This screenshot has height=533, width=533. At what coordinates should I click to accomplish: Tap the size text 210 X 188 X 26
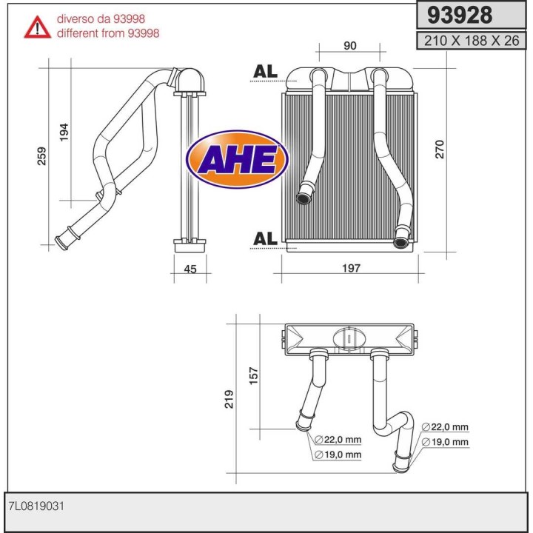click(472, 41)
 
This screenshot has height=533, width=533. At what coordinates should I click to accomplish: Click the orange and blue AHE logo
click(236, 158)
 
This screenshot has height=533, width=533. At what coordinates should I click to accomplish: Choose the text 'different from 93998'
click(108, 33)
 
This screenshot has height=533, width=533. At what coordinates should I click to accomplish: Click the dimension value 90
click(350, 46)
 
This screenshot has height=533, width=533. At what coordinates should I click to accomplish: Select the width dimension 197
click(352, 268)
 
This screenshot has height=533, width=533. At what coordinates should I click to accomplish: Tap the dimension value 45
click(190, 269)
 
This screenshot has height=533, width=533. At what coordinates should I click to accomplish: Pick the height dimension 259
click(42, 155)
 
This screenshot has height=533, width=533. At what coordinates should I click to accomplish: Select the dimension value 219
click(229, 400)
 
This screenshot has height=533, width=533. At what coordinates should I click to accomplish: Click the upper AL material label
click(265, 71)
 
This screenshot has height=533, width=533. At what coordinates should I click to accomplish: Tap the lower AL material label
click(265, 238)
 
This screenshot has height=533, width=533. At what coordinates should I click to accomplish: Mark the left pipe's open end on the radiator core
click(304, 198)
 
